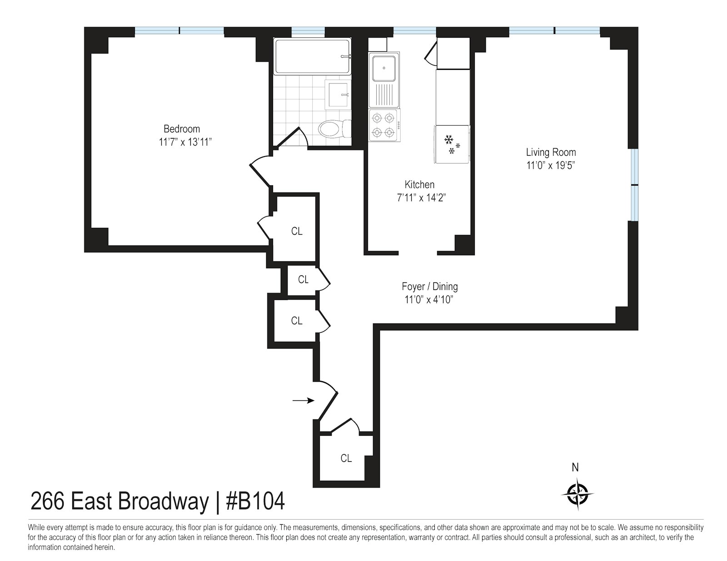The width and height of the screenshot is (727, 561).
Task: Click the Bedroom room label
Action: click(181, 129)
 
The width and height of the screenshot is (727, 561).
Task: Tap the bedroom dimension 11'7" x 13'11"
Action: click(185, 142)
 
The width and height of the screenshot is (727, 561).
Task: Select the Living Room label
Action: click(551, 153)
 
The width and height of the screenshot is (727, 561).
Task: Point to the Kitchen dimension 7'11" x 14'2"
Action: click(419, 197)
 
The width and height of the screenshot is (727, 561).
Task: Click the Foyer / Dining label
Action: click(429, 286)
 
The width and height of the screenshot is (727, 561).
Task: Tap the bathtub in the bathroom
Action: click(312, 56)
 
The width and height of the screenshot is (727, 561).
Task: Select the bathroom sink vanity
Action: click(338, 94)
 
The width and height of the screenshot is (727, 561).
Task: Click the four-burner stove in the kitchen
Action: click(383, 125)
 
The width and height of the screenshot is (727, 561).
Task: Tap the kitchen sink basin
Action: click(384, 68)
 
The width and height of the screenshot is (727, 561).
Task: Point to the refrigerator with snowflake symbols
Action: click(452, 144)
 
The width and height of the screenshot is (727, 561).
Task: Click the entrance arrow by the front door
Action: click(303, 400)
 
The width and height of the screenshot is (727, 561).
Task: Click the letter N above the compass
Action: click(575, 467)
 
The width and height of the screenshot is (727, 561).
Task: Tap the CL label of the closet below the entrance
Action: click(346, 458)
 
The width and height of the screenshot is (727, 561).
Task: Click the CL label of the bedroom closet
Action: click(297, 231)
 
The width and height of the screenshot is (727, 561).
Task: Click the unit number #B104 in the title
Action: click(255, 502)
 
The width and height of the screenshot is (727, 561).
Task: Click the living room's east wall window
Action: click(634, 185)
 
